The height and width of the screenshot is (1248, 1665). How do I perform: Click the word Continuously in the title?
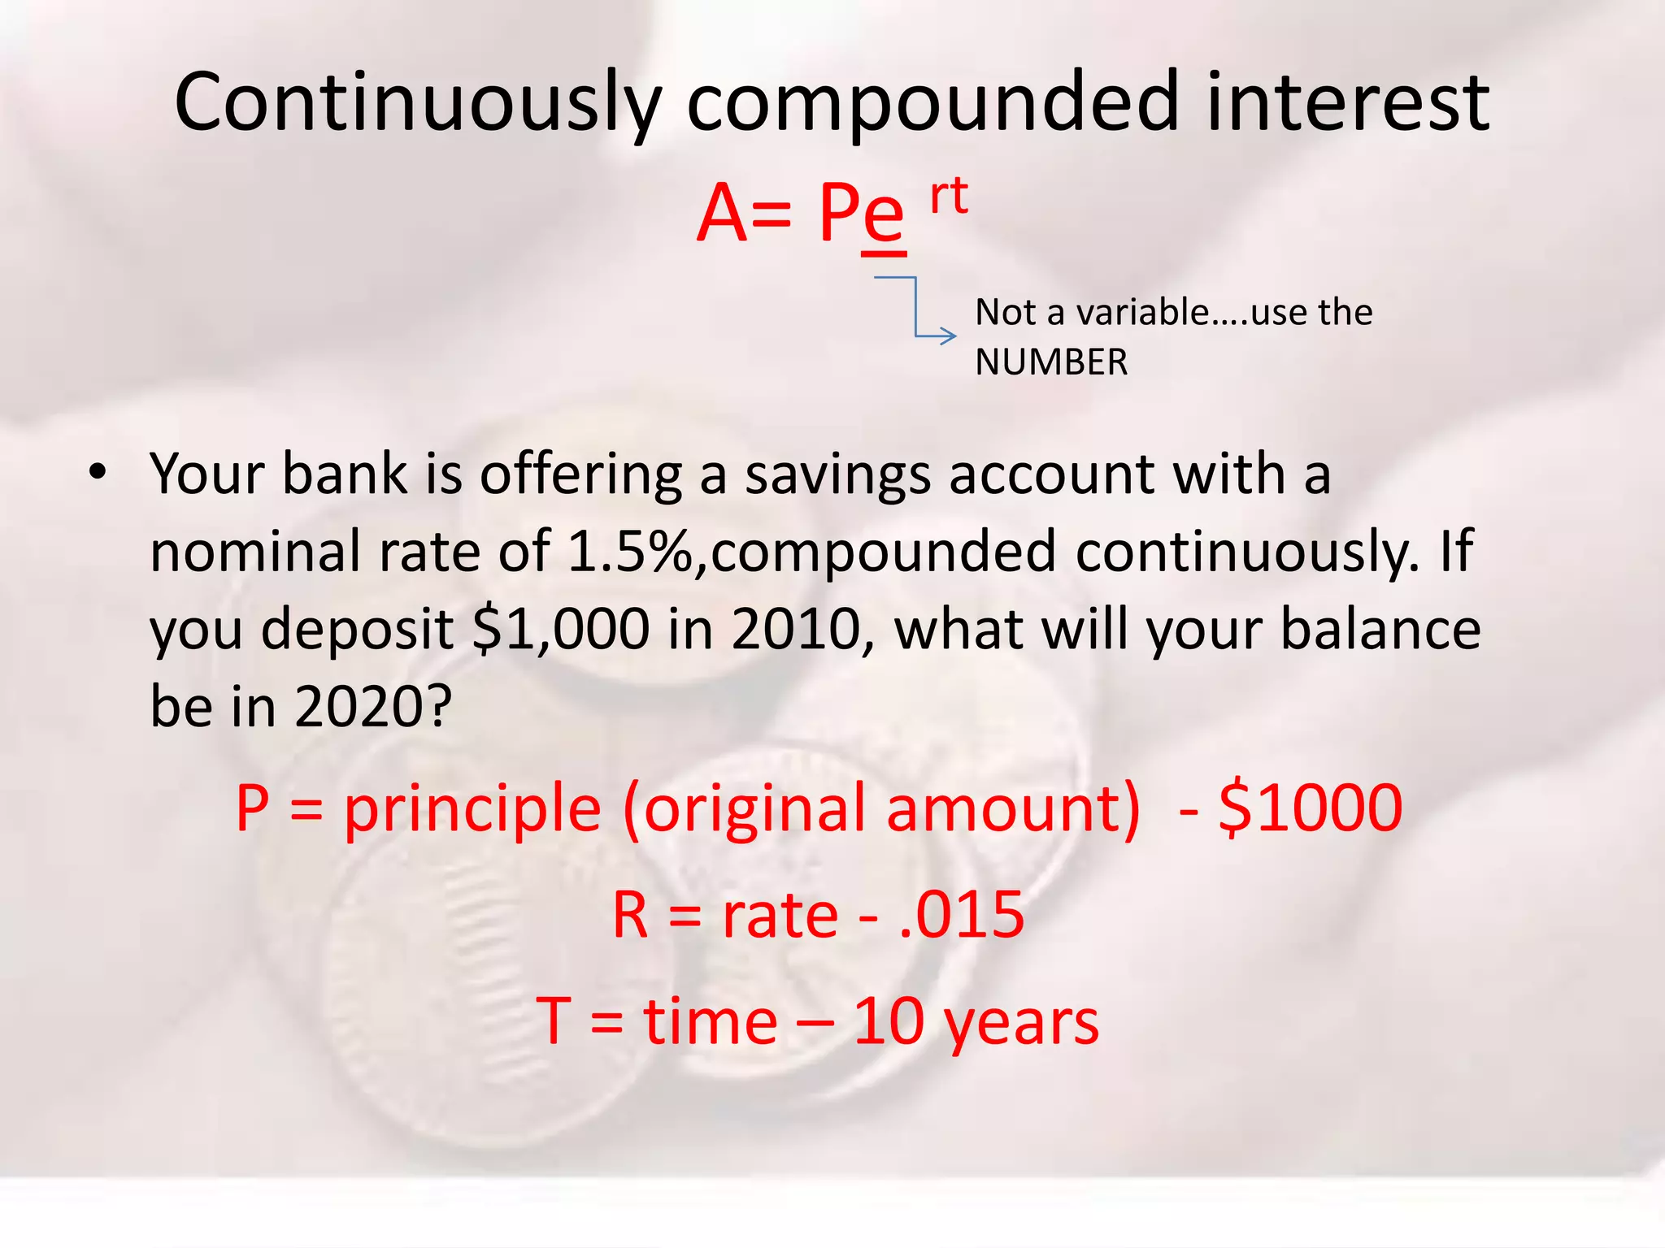pos(417,103)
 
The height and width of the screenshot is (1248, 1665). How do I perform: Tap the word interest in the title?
pos(1347,103)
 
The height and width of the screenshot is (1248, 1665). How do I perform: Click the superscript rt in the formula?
pos(949,196)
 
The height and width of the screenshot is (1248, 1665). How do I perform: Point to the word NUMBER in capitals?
pos(1051,362)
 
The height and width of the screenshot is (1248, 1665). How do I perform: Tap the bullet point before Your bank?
pos(98,473)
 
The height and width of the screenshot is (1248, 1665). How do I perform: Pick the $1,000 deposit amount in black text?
pos(560,630)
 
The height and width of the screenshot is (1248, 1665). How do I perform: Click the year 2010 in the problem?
pos(796,630)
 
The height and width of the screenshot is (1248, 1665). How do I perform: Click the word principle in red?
pos(472,809)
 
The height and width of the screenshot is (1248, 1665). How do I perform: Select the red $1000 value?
pos(1310,809)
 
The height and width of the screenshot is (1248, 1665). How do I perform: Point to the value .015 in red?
pos(962,916)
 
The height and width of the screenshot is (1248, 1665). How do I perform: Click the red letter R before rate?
pos(631,916)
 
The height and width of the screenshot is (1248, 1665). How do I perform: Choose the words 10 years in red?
pos(976,1022)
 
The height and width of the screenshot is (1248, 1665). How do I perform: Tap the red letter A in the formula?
pos(722,214)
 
